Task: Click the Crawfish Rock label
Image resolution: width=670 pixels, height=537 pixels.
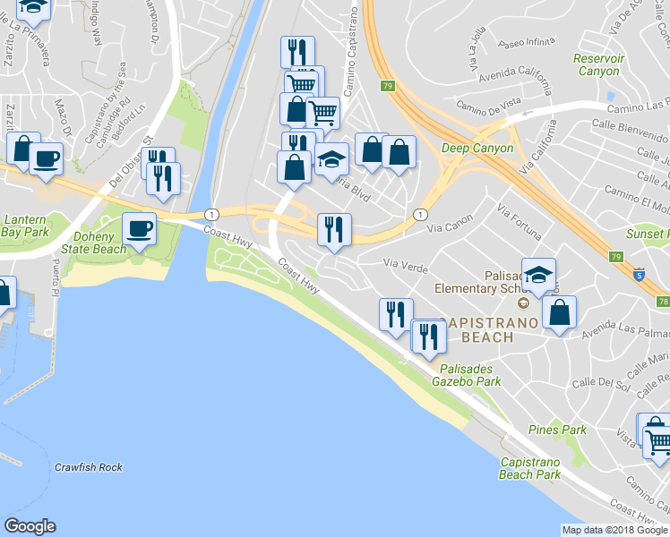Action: click(x=88, y=467)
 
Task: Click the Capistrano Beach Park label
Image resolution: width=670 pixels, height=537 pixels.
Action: click(x=530, y=469)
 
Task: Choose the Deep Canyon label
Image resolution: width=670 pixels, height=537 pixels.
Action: click(x=477, y=148)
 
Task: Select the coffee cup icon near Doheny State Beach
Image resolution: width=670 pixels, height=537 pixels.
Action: click(x=138, y=228)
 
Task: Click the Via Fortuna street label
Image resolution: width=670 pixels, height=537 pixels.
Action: click(x=519, y=223)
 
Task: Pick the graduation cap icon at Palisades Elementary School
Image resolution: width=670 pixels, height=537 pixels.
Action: click(x=538, y=275)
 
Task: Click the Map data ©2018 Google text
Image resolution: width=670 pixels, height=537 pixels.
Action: click(x=614, y=530)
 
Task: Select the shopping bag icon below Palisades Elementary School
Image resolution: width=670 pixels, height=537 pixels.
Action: click(x=559, y=312)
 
